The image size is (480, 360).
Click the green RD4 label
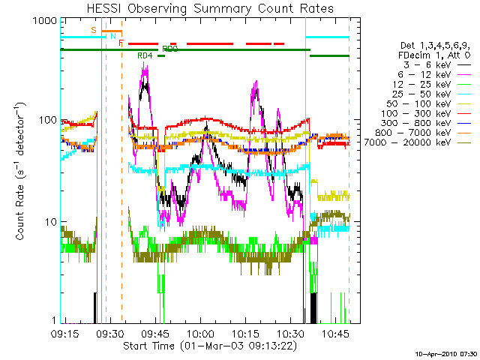pos(145,55)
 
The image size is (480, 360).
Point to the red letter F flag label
pos(121,43)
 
